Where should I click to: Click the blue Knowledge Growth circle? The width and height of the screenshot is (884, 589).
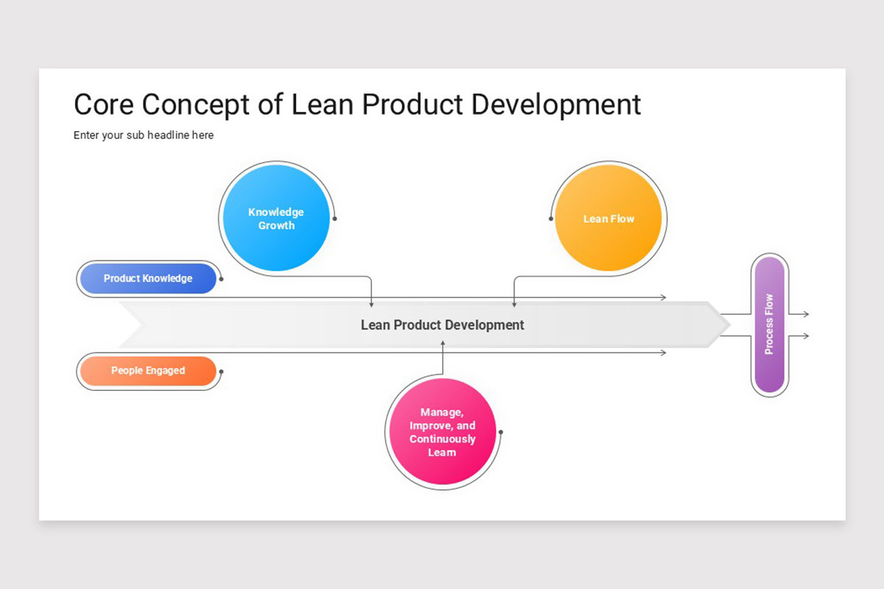[276, 218]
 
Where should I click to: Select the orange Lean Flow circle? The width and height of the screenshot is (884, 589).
[608, 218]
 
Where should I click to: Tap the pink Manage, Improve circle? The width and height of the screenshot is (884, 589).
[442, 432]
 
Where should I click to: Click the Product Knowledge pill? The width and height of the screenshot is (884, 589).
[148, 278]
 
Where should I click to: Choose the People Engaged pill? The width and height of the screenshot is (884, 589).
[148, 370]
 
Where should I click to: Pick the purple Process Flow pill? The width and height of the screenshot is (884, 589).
[769, 325]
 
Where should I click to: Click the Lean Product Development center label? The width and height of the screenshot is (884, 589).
[442, 325]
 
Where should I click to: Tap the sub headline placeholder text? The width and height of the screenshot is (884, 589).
[144, 135]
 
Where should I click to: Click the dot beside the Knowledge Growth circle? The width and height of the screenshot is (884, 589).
[335, 218]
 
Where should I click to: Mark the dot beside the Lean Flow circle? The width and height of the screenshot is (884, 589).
[550, 218]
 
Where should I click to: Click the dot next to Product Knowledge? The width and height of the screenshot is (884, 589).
[221, 279]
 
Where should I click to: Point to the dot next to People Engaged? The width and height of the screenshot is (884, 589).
[221, 371]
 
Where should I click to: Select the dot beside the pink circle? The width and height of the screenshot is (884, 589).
[501, 432]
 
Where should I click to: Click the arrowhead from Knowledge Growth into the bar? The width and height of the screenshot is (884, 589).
[371, 303]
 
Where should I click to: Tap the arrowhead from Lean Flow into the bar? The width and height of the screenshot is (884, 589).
[513, 303]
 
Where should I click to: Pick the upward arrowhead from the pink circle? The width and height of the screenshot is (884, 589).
[443, 343]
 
